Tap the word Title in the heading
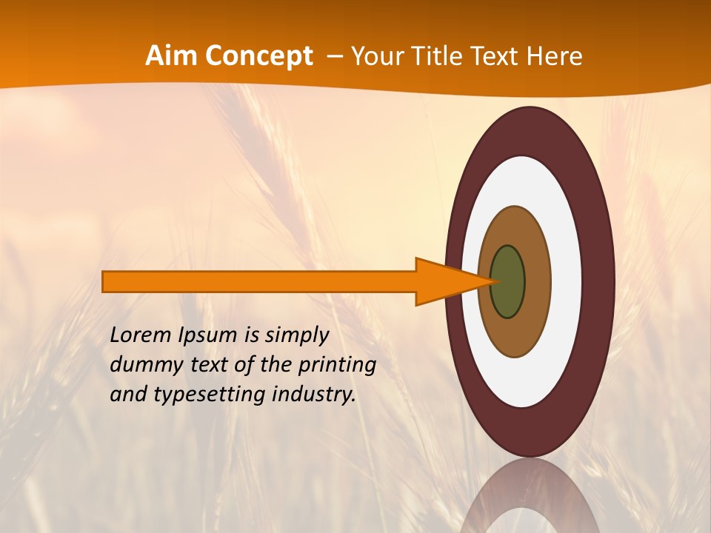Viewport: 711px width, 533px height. click(447, 56)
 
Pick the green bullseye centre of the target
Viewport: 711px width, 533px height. click(508, 281)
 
